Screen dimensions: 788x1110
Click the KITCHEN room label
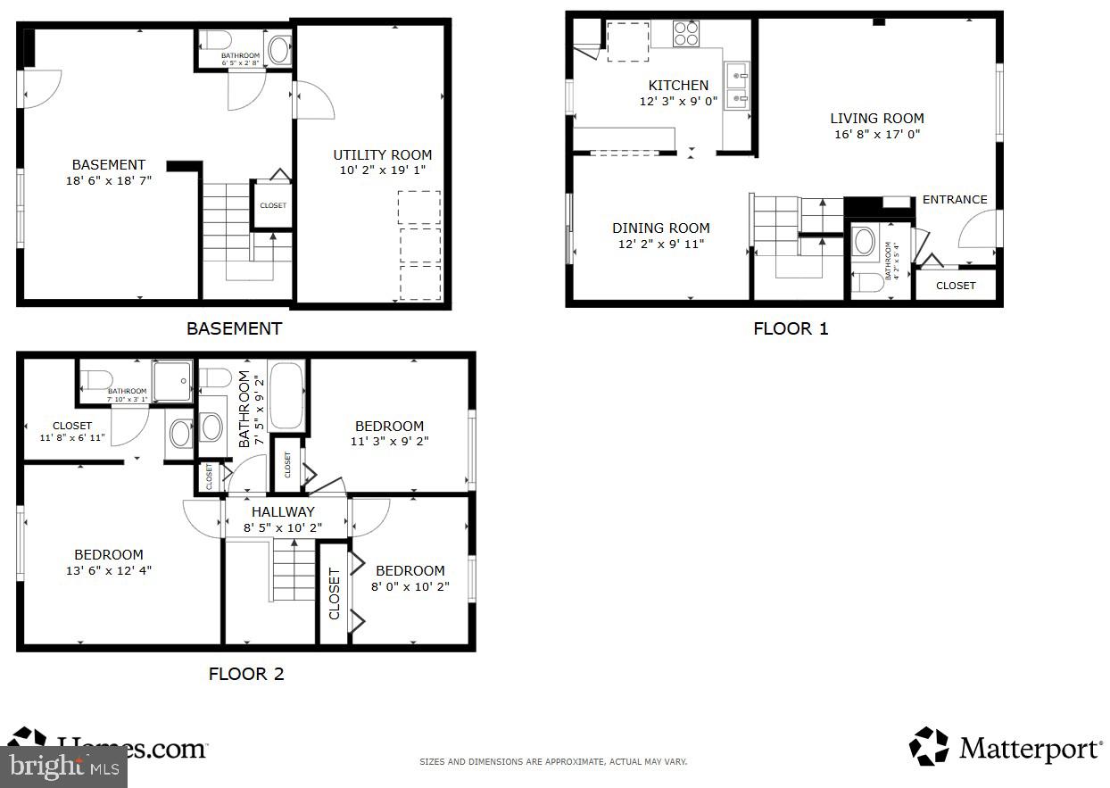(678, 86)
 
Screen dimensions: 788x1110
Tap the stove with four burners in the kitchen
(685, 33)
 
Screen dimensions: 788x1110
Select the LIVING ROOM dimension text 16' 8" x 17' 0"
(876, 135)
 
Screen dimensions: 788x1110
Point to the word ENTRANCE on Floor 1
(954, 200)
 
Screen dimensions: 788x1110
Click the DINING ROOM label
(660, 228)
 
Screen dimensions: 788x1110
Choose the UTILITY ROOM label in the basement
(382, 154)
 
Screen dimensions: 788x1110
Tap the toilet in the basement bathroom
(215, 41)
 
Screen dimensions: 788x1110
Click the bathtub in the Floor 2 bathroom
(286, 395)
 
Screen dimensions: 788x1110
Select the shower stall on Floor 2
(171, 380)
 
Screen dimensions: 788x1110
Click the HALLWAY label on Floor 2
(283, 512)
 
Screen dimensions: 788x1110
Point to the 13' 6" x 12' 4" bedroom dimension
(109, 570)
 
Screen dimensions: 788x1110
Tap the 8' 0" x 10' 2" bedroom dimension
(410, 586)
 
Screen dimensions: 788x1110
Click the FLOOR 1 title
(791, 328)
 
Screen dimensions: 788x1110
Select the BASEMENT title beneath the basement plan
(234, 328)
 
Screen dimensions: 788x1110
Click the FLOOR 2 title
(246, 674)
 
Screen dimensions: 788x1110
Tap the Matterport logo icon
(929, 747)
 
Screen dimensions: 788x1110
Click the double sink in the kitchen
(737, 86)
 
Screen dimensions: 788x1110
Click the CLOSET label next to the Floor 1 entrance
(956, 286)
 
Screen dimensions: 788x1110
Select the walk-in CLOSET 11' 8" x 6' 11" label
(72, 432)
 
